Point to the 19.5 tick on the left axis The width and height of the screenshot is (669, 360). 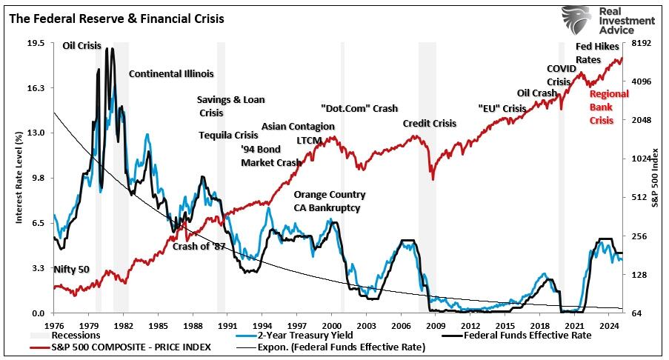click(x=36, y=44)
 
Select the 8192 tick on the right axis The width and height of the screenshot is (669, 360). click(x=640, y=44)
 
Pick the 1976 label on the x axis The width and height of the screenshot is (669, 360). click(x=54, y=325)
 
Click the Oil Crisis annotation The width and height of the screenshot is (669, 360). click(x=81, y=46)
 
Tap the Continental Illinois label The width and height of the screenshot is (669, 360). click(x=171, y=74)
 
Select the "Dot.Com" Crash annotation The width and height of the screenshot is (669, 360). click(x=359, y=108)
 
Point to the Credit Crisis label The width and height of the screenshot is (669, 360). click(x=430, y=124)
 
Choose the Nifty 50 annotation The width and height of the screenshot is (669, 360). click(x=71, y=269)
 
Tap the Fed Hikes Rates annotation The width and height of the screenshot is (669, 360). click(x=593, y=53)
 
